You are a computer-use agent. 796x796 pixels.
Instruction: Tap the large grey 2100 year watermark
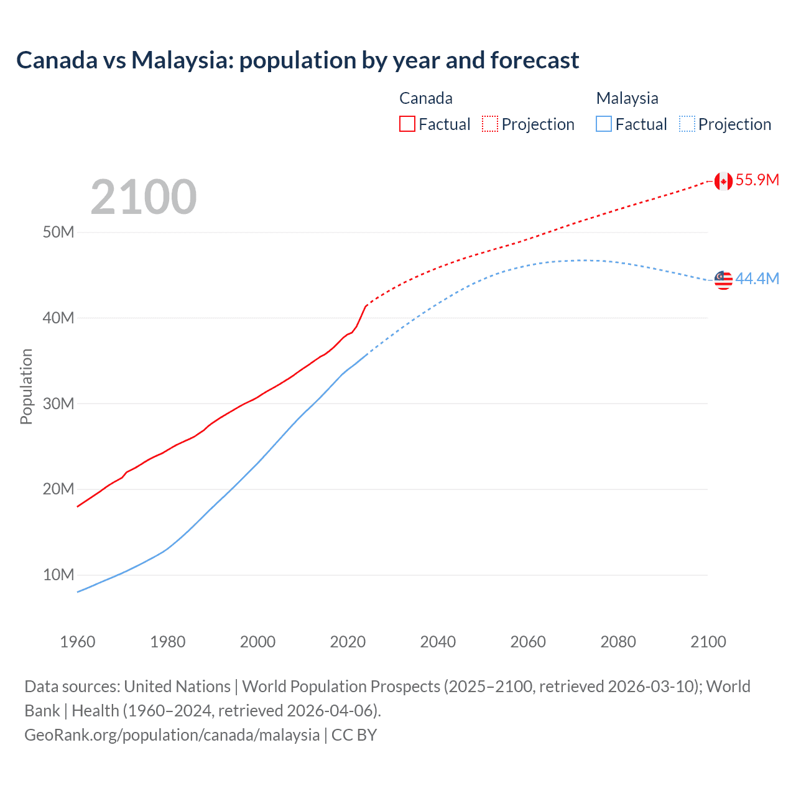pos(144,197)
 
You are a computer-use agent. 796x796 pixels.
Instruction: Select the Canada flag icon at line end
pos(723,181)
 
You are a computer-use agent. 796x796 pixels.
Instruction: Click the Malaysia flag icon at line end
pos(723,280)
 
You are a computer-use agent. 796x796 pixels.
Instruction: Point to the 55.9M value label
pos(757,180)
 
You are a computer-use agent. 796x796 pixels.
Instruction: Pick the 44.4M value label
pos(757,279)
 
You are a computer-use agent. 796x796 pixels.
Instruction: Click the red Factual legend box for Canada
pos(407,124)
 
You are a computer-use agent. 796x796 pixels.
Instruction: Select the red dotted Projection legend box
pos(490,124)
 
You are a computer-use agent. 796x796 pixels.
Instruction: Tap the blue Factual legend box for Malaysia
pos(604,124)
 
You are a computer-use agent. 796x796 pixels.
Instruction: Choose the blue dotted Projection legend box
pos(687,124)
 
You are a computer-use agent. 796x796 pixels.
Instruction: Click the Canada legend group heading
pos(426,98)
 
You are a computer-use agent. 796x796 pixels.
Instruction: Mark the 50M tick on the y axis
pos(58,233)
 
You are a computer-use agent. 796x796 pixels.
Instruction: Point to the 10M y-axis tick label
pos(58,575)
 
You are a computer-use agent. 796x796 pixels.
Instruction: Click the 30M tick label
pos(58,404)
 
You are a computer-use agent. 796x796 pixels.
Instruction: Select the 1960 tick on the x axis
pos(78,642)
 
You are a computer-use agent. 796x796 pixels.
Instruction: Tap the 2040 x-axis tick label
pos(438,642)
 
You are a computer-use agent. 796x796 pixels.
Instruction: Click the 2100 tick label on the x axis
pos(708,642)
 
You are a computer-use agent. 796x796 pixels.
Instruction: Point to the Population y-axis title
pos(26,386)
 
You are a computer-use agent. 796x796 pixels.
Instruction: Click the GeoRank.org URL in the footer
pos(172,735)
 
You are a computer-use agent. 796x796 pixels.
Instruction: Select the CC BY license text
pos(354,735)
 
